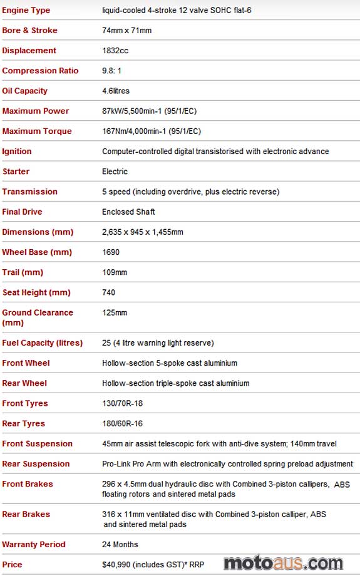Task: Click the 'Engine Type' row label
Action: coord(26,11)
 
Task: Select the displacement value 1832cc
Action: coord(115,51)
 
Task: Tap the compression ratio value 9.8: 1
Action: coord(113,71)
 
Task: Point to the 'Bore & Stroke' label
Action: coord(29,31)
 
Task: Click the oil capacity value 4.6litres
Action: coord(116,91)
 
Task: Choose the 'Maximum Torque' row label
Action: coord(37,131)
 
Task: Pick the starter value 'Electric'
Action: coord(115,172)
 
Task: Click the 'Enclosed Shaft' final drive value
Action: coord(128,212)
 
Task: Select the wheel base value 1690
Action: coord(111,252)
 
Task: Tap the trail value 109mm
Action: coord(115,272)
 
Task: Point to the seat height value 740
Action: coord(109,292)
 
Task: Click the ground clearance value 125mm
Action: coord(115,312)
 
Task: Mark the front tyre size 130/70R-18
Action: coord(122,403)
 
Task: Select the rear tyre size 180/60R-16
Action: coord(122,423)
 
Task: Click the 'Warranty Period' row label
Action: coord(34,545)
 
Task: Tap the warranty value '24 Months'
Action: coord(120,545)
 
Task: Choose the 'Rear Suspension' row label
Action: coord(36,464)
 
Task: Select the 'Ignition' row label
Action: coord(17,152)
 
